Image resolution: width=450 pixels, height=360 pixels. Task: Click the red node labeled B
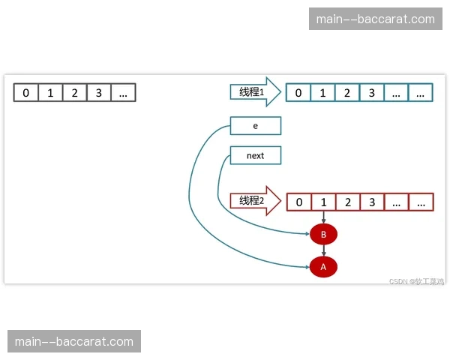[323, 235]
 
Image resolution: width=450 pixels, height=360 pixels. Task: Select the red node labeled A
[323, 266]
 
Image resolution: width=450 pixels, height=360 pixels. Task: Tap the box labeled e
[256, 126]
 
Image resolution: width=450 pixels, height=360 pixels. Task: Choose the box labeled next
[256, 156]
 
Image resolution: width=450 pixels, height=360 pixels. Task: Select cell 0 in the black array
[26, 93]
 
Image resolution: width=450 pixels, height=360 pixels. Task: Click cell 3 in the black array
[98, 93]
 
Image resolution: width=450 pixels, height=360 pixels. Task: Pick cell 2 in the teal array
[347, 93]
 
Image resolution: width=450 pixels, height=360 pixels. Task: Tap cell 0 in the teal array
[299, 93]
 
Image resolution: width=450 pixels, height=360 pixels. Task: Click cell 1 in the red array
[323, 202]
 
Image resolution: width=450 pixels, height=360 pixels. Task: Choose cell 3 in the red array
[371, 202]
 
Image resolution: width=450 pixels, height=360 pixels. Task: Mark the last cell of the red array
[421, 202]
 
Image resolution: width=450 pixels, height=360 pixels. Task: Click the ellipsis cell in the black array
[123, 93]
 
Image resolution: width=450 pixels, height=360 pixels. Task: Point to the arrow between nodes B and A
[323, 251]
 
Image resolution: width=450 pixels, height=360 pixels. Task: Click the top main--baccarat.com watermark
[376, 19]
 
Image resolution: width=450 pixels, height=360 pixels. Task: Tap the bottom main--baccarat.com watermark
[74, 342]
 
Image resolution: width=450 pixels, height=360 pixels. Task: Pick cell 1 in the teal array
[323, 93]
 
